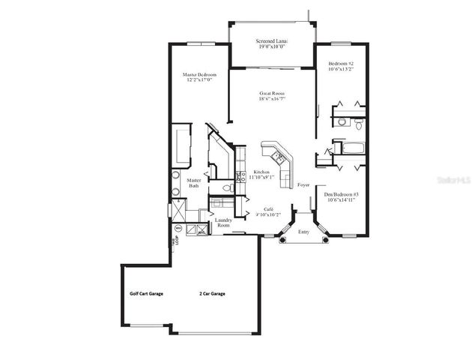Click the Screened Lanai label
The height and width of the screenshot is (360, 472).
click(273, 41)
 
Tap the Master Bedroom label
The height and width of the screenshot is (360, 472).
click(200, 74)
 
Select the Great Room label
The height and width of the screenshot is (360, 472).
click(272, 94)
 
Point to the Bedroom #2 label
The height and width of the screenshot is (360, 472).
click(341, 64)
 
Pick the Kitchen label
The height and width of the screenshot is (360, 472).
click(261, 172)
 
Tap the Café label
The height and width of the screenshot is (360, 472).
click(267, 209)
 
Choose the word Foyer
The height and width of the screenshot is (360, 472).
click(303, 184)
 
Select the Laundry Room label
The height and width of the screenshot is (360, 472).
click(223, 222)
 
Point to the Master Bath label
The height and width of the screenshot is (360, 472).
click(193, 183)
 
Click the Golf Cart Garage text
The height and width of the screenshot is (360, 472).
click(146, 294)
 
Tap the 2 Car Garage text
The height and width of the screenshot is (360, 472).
click(212, 294)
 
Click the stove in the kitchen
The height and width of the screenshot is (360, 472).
click(241, 177)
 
